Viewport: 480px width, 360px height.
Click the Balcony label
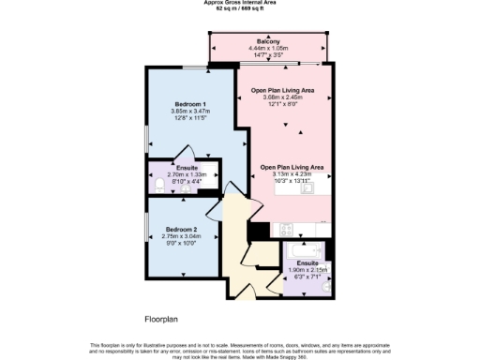[x=269, y=41]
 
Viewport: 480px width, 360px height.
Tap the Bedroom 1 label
[x=190, y=103]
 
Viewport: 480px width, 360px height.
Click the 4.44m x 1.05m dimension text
[x=269, y=49]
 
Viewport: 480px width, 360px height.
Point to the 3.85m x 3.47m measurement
[x=190, y=111]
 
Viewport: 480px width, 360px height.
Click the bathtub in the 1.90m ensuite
[x=307, y=250]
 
